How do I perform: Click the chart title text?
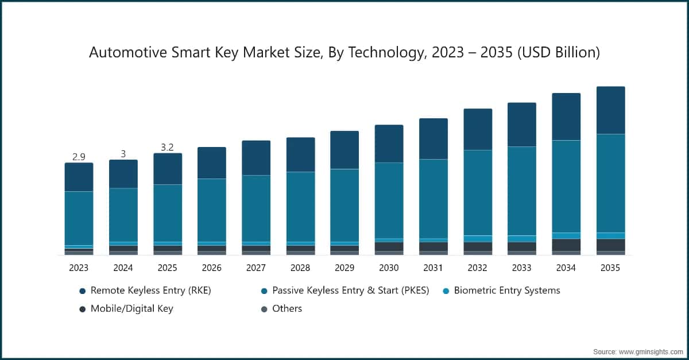tap(344, 53)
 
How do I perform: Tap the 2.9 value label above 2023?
tap(79, 157)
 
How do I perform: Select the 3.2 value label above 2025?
tap(167, 147)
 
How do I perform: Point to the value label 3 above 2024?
tap(123, 154)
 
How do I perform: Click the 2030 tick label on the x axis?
tap(389, 268)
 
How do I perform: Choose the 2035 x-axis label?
tap(610, 268)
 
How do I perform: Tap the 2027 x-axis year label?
tap(256, 268)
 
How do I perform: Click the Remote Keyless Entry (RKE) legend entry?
tap(150, 291)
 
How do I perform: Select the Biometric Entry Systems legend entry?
tap(506, 291)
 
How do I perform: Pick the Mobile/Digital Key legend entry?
tap(131, 308)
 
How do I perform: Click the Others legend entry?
tap(287, 308)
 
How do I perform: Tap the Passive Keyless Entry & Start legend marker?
tap(264, 291)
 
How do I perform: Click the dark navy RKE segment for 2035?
tap(610, 110)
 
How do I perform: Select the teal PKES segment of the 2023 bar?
tap(79, 218)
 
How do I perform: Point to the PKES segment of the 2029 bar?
tap(344, 205)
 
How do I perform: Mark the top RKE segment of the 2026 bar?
tap(212, 163)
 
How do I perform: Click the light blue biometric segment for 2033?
tap(521, 239)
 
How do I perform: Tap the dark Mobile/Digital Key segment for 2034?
tap(566, 245)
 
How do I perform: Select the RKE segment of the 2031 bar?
tap(433, 138)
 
